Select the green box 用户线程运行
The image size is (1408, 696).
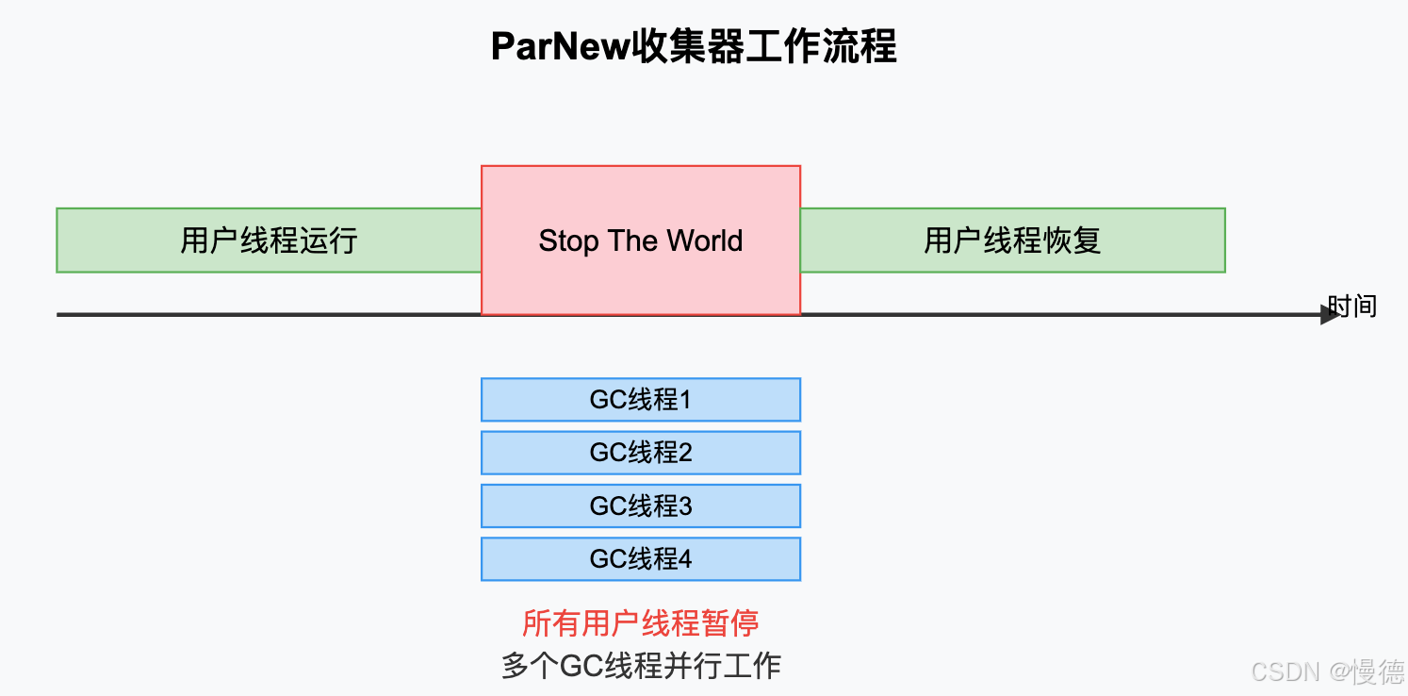tap(269, 240)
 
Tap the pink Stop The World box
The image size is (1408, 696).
tap(641, 240)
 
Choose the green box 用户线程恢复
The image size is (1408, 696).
tap(1012, 240)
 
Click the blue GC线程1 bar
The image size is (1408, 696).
tap(641, 400)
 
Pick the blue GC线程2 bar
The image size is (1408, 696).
tap(641, 453)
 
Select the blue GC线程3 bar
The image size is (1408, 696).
tap(641, 506)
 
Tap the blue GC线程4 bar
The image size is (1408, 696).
tap(641, 559)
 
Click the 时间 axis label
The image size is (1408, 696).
tap(1352, 306)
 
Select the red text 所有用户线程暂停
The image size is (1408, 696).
tap(641, 623)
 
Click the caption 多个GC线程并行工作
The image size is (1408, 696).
tap(641, 666)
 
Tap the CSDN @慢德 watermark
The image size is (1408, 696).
tap(1326, 671)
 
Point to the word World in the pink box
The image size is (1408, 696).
tap(705, 240)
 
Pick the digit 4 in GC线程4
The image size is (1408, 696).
tap(685, 559)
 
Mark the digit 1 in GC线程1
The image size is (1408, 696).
tap(685, 400)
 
